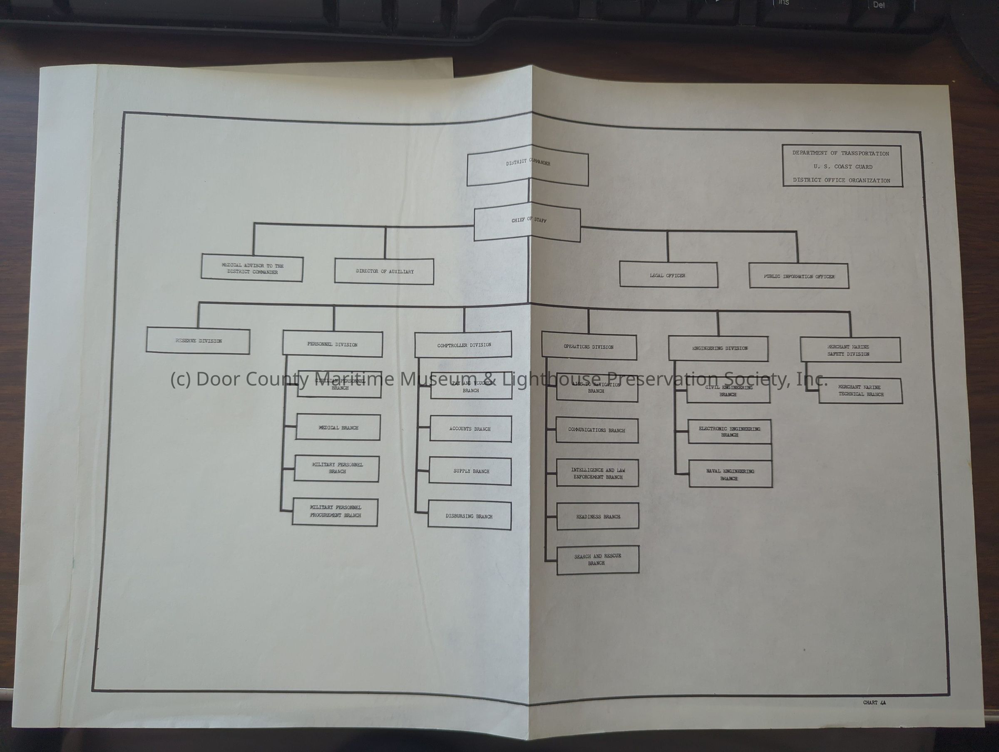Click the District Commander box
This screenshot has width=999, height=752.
tap(527, 169)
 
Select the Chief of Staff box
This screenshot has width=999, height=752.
tap(527, 224)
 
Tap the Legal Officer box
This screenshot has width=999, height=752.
tap(668, 275)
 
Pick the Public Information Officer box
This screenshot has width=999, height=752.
tap(798, 275)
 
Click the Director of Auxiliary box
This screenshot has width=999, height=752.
tap(384, 271)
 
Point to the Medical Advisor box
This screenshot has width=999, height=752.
tap(252, 269)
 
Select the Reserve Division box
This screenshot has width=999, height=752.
tap(198, 341)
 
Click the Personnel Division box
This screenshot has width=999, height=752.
tap(333, 344)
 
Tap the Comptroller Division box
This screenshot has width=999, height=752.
tap(463, 345)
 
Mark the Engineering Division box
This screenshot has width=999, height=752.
tap(718, 349)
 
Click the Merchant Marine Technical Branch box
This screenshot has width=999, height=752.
tap(860, 391)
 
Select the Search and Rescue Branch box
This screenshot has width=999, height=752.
tap(597, 560)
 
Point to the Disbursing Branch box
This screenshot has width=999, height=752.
tap(469, 515)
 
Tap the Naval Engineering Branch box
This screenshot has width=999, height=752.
tap(730, 474)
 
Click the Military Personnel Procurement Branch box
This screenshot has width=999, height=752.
tap(335, 512)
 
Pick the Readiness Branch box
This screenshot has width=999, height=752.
tap(597, 516)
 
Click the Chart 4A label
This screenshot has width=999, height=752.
tap(875, 703)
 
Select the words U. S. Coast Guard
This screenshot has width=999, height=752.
tap(843, 166)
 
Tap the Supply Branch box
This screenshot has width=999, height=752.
tap(471, 471)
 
